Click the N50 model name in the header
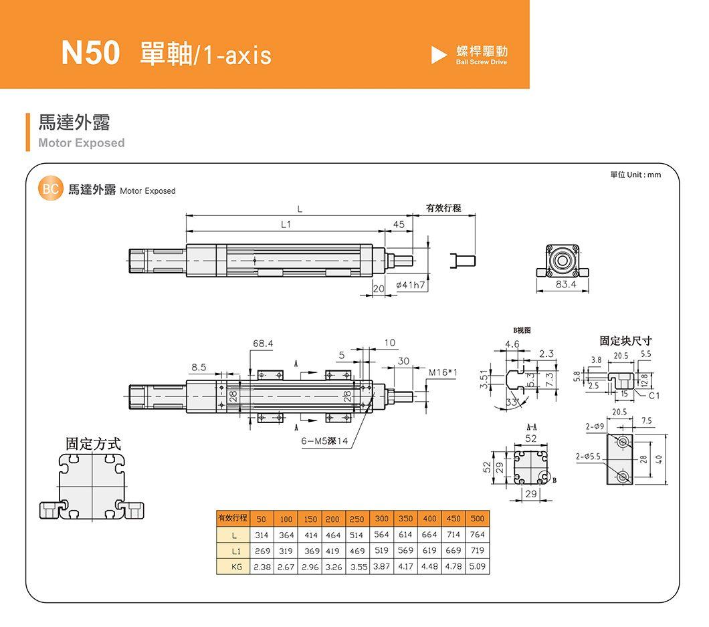(x=90, y=53)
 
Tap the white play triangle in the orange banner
(x=438, y=55)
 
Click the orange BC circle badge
(x=50, y=189)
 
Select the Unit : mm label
(x=643, y=175)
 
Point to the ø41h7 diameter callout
(x=410, y=285)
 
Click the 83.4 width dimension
(x=566, y=284)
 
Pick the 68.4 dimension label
(x=263, y=344)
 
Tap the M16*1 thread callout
(x=443, y=372)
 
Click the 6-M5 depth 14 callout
(x=324, y=441)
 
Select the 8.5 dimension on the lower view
(x=199, y=367)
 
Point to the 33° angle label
(x=512, y=402)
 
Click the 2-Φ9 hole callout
(x=594, y=426)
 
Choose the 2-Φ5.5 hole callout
(x=588, y=457)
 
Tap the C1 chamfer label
(x=654, y=396)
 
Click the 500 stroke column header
(x=478, y=519)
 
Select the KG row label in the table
(x=236, y=566)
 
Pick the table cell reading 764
(x=478, y=534)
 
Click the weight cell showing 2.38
(x=262, y=566)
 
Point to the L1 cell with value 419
(x=332, y=551)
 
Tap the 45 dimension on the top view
(x=399, y=225)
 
